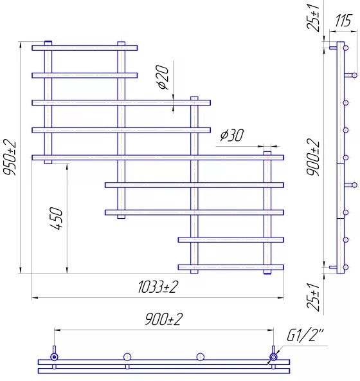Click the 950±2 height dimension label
tap(10, 157)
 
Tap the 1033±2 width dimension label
tap(158, 287)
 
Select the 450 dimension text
tap(56, 218)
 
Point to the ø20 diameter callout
tap(163, 77)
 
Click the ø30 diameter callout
tap(231, 135)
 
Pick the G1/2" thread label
tap(305, 335)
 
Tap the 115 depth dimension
tap(343, 21)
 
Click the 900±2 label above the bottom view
tap(164, 319)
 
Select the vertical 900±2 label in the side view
tap(313, 157)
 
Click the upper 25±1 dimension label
tap(313, 18)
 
